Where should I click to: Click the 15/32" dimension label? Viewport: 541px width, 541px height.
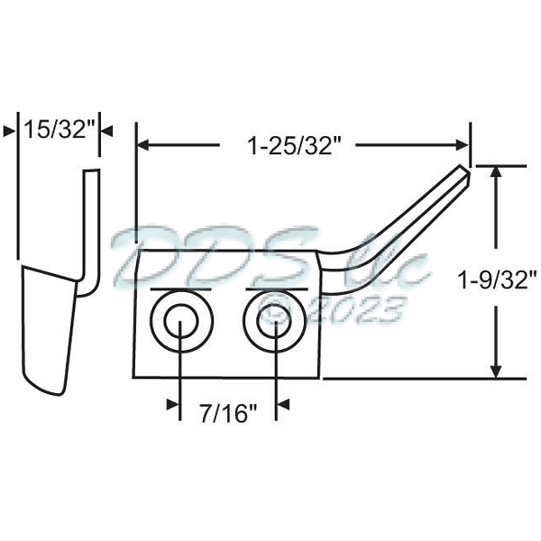tap(59, 130)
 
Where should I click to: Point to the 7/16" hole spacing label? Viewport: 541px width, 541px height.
tap(228, 413)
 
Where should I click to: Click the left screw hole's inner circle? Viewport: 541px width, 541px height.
tap(180, 321)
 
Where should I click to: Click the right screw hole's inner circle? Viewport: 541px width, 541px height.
tap(275, 321)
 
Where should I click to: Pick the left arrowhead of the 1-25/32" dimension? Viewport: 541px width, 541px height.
tap(142, 145)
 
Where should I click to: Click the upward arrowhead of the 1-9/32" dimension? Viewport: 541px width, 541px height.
tap(496, 172)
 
